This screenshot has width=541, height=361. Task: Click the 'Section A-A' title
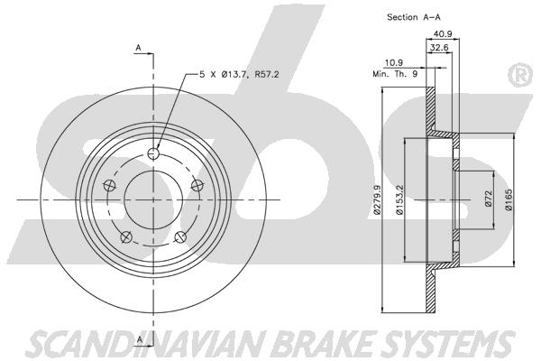coord(414,17)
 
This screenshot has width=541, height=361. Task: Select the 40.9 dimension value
coord(443,34)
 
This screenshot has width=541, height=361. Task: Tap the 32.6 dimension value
coord(439,47)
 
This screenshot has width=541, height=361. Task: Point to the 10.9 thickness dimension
coord(394,62)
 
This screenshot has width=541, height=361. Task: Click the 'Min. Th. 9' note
coord(395,74)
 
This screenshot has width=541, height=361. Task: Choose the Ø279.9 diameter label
coord(377,199)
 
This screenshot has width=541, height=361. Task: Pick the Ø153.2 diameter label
coord(399,199)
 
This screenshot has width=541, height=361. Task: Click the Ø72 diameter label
coord(488,199)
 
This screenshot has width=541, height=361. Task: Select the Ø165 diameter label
coord(509,199)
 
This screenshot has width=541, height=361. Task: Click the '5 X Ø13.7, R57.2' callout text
coord(239,74)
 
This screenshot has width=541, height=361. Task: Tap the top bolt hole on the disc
coord(153,153)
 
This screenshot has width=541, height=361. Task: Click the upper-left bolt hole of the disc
coord(109,185)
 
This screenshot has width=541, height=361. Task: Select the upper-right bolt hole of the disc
coord(197,185)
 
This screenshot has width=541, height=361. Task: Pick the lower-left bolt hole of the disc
coord(126,237)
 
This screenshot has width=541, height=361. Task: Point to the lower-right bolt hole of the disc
coord(180,237)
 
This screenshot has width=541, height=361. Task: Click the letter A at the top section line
coord(138,48)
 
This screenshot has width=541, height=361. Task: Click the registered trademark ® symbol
coord(520,76)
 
